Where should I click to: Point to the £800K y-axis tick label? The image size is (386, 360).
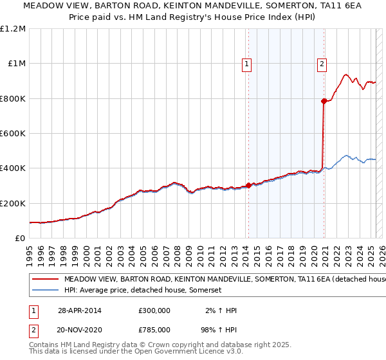coord(14,99)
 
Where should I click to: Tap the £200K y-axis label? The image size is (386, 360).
coord(14,203)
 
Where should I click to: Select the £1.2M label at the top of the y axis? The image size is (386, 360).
coord(13,29)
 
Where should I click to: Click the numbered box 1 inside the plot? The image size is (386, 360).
coord(247,64)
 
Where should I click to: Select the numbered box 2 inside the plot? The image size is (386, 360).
coord(321,64)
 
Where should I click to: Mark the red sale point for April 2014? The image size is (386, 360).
coord(249,186)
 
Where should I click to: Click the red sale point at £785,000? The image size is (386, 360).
coord(324,101)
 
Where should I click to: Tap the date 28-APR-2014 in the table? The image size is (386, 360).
coord(79,310)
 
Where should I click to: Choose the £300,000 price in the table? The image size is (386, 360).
coord(154,310)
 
